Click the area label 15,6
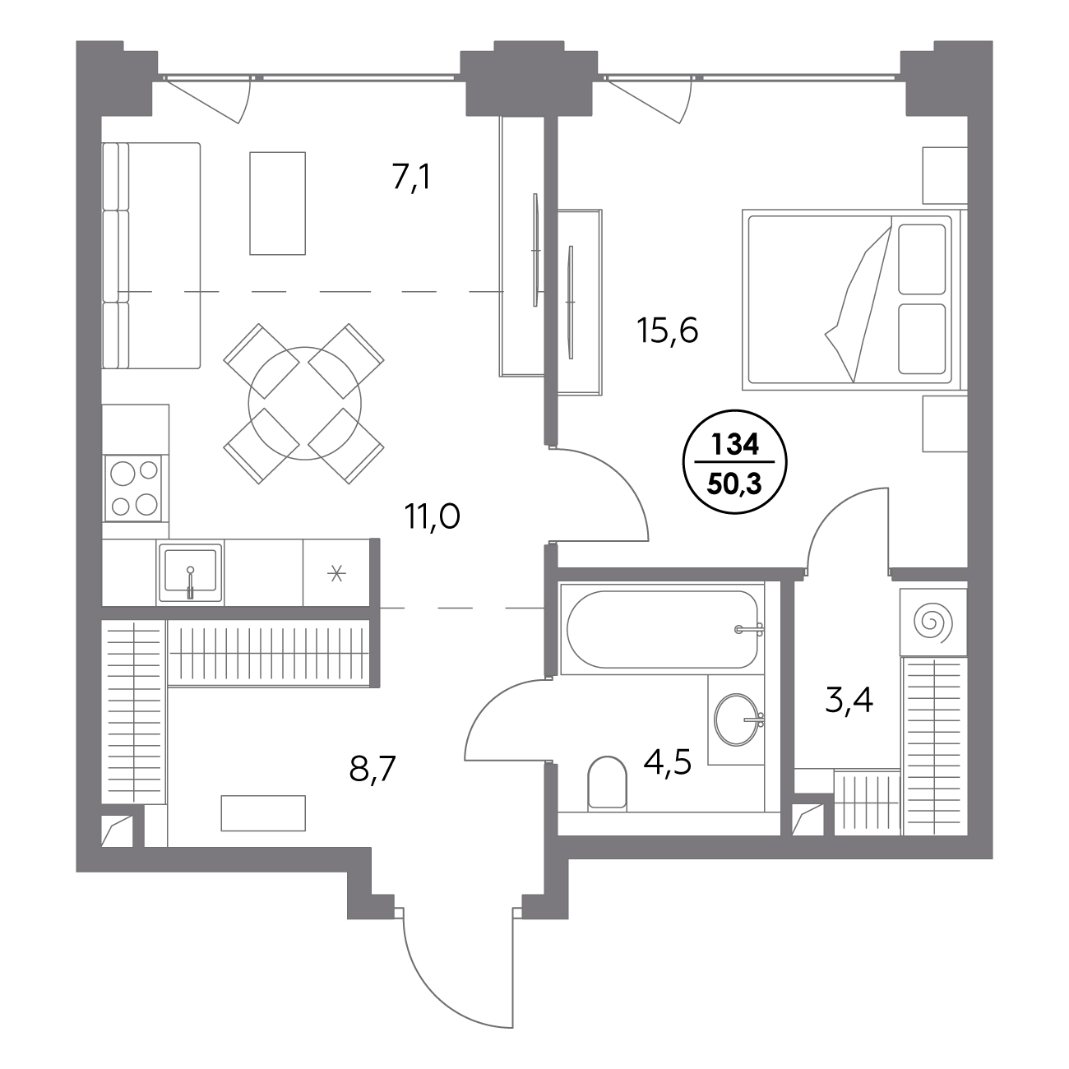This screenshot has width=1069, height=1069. tap(667, 331)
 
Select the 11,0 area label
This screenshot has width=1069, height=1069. tap(433, 517)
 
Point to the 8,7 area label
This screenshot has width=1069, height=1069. tap(372, 769)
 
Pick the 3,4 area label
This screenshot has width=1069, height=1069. tap(849, 701)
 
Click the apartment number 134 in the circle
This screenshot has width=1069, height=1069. tap(735, 445)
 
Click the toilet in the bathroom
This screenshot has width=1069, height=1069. tap(607, 783)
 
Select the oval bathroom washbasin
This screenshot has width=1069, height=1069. tap(736, 720)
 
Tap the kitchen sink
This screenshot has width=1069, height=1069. tap(190, 573)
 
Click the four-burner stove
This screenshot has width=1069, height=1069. tap(134, 488)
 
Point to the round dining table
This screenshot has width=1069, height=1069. tap(304, 403)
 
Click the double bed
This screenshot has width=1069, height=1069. tap(854, 300)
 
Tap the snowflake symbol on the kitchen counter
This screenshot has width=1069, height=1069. tap(336, 573)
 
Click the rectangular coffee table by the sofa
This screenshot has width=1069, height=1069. tap(277, 203)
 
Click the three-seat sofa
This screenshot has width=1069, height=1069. tap(150, 256)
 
